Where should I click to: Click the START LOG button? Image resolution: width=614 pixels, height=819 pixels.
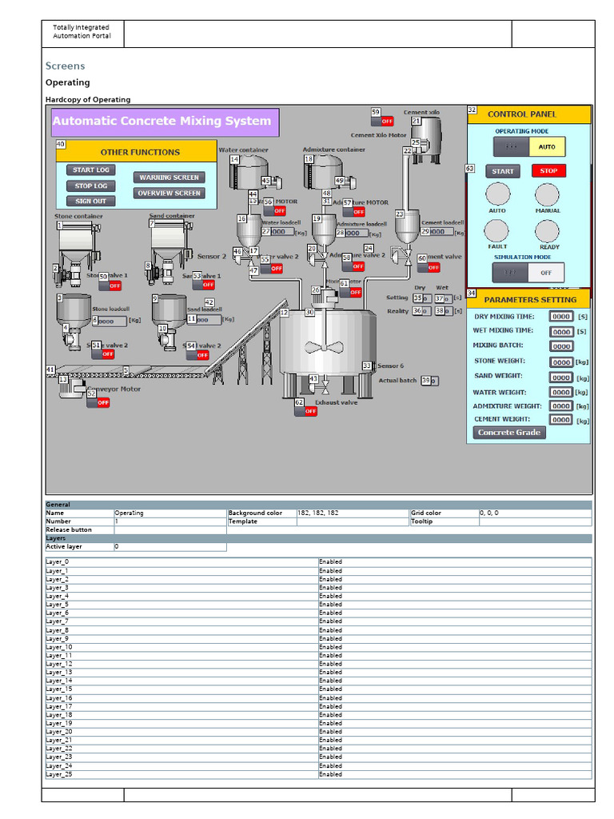[91, 170]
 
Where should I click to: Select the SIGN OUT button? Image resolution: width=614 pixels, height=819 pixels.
[90, 201]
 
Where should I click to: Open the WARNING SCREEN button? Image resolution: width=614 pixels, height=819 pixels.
[169, 178]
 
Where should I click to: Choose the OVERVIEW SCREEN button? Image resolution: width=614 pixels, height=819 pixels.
[169, 193]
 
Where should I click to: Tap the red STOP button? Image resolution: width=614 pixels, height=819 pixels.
[548, 170]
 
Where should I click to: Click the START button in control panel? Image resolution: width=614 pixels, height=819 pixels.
[503, 171]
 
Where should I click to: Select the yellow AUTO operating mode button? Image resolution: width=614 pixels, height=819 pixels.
[547, 146]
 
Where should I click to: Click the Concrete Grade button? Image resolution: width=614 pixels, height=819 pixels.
[509, 433]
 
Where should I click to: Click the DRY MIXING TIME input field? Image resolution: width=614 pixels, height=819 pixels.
[561, 317]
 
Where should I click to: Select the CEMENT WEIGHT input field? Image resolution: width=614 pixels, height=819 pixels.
[561, 420]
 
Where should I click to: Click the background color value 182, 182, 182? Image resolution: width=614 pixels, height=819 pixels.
[317, 513]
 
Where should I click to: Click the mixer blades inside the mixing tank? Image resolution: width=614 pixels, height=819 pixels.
[323, 349]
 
